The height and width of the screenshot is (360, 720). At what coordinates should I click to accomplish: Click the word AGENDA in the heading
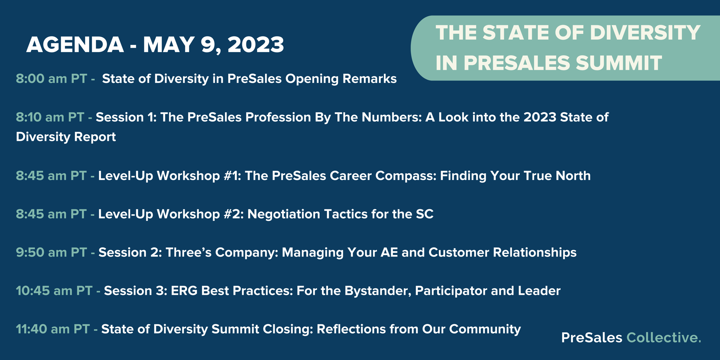coord(75,45)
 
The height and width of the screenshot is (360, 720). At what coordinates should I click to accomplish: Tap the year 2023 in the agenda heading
coord(256,45)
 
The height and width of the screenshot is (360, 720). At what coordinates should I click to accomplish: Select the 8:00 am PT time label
coord(51,79)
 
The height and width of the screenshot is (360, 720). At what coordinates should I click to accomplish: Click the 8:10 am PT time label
coord(50,117)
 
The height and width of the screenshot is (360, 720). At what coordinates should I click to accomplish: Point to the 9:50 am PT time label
coord(51,252)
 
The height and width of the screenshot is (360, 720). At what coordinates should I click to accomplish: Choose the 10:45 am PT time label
coord(54,291)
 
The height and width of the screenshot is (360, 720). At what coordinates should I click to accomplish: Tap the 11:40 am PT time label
coord(53,329)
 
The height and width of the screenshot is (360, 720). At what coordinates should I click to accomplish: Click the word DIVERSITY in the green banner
coord(645,33)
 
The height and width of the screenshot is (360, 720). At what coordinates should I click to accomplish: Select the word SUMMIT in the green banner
coord(619,63)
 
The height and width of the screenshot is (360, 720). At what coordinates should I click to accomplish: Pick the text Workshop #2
coord(200,214)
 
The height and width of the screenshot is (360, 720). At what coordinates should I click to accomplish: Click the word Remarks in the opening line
coord(370,79)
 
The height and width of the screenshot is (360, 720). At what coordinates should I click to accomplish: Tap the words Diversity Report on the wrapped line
coord(66,137)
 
